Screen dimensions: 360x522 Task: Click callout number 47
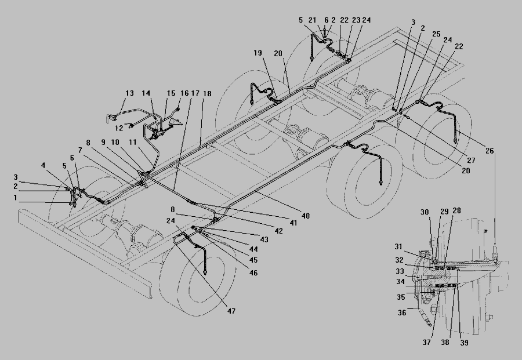pyautogui.click(x=231, y=311)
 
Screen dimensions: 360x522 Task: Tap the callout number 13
pyautogui.click(x=129, y=93)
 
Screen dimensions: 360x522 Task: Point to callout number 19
pyautogui.click(x=258, y=53)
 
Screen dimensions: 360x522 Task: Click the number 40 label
pyautogui.click(x=306, y=216)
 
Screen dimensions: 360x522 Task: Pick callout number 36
pyautogui.click(x=401, y=312)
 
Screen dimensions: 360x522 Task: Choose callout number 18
pyautogui.click(x=208, y=94)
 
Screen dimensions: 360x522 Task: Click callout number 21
pyautogui.click(x=313, y=20)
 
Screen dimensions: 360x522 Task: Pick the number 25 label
pyautogui.click(x=436, y=34)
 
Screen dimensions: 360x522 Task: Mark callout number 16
pyautogui.click(x=184, y=94)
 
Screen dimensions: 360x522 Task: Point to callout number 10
pyautogui.click(x=115, y=142)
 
